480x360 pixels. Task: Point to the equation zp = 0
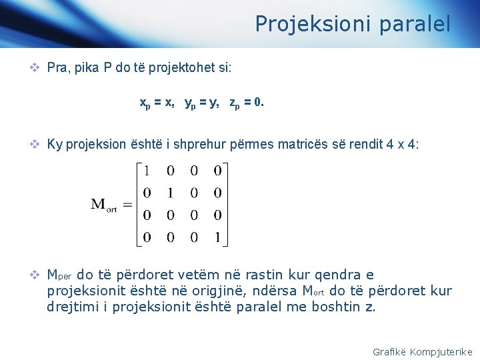[x=246, y=103]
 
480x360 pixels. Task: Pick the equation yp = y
[x=202, y=103]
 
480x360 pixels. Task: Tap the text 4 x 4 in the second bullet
[x=402, y=145]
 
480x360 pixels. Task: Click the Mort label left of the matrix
[x=104, y=205]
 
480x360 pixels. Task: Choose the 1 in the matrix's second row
[x=171, y=194]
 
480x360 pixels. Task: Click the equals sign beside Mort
[x=127, y=204]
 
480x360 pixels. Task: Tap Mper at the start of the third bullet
[x=60, y=275]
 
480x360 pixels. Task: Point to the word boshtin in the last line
[x=334, y=307]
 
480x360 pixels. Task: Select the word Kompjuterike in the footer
[x=441, y=351]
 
